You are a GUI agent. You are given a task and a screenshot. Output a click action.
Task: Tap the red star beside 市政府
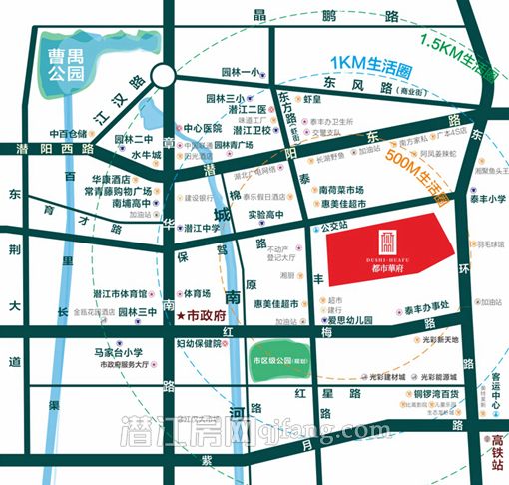click(180, 315)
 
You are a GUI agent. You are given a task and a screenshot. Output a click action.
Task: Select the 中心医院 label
click(202, 128)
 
